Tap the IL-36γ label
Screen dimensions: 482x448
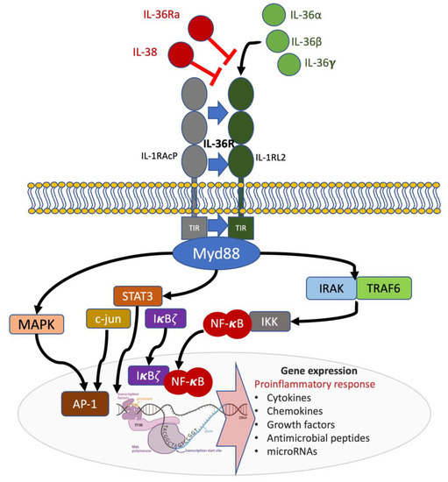[x=321, y=63]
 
